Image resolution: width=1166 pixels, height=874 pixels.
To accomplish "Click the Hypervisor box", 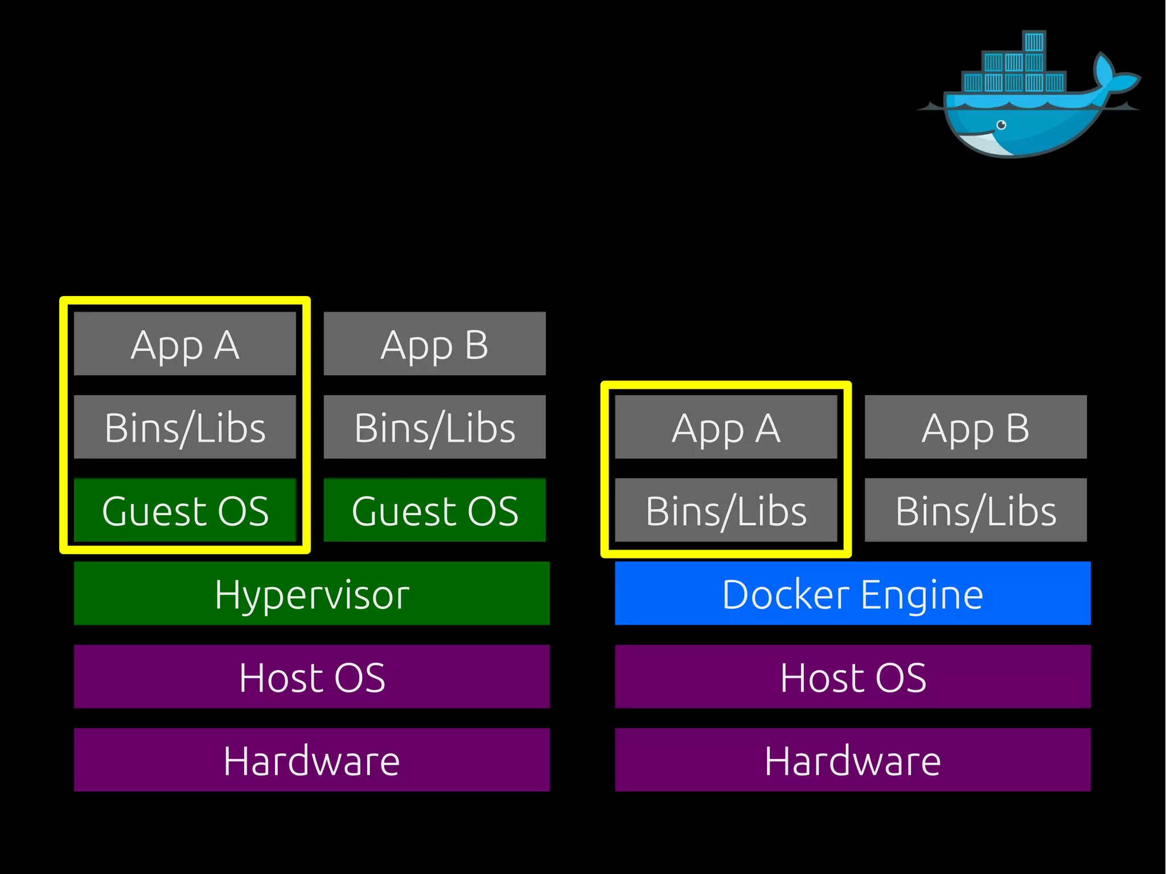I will [311, 593].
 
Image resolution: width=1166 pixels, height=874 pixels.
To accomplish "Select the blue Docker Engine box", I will [852, 593].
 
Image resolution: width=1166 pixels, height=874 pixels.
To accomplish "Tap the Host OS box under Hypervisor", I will [311, 676].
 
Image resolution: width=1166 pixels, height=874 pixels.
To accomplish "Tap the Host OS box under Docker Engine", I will [852, 676].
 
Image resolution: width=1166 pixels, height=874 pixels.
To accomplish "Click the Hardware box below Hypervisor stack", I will [311, 760].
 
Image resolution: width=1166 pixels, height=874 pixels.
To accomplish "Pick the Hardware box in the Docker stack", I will [852, 760].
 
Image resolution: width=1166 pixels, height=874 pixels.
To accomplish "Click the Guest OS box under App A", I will [185, 510].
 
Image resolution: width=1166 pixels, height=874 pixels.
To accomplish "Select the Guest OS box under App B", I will [434, 510].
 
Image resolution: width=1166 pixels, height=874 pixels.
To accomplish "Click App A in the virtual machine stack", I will [185, 343].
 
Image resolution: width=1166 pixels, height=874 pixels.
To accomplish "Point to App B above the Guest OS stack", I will [434, 343].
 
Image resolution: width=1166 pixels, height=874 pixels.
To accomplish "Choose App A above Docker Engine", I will [726, 427].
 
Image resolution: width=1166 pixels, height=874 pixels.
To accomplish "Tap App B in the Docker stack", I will [975, 427].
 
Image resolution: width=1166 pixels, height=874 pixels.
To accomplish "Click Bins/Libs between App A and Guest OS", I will [185, 427].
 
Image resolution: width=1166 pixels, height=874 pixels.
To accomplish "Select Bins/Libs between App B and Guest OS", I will [434, 427].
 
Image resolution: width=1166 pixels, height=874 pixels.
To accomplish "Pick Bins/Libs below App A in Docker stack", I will [726, 510].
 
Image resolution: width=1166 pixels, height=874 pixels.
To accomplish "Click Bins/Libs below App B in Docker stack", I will [975, 510].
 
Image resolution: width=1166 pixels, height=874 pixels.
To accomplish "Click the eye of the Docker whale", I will [1001, 125].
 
